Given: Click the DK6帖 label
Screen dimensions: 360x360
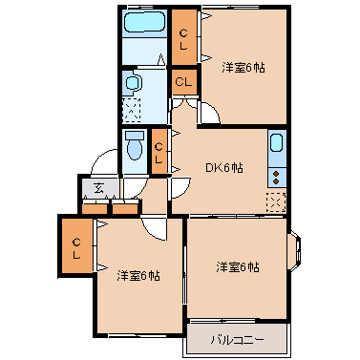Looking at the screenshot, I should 225,167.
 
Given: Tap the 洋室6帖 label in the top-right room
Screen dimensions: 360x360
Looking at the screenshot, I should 244,67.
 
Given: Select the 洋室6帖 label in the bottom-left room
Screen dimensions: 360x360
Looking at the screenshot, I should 138,276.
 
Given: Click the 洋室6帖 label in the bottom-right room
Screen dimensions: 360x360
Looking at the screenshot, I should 237,266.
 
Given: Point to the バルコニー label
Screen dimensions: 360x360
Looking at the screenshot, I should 236,339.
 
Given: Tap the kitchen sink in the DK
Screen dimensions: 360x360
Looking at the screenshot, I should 277,146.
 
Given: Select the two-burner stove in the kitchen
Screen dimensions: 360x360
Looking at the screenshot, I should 277,174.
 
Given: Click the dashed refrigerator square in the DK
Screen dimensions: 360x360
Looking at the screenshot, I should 276,201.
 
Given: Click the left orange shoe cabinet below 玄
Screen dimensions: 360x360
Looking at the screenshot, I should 95,206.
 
